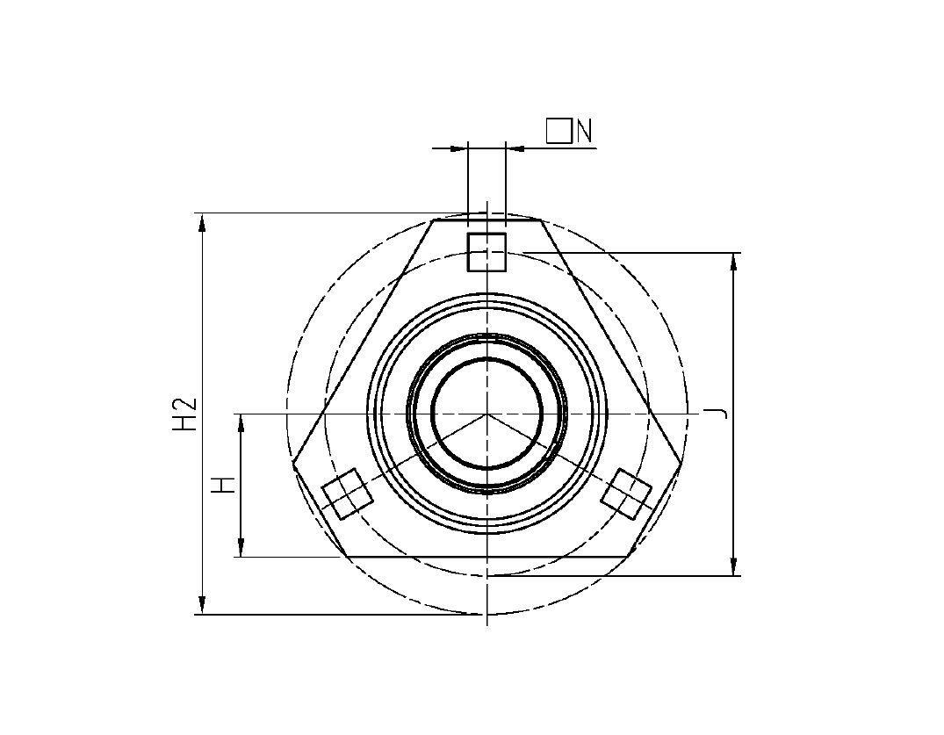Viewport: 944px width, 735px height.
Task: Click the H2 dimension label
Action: click(x=184, y=414)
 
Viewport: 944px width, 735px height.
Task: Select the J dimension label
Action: click(x=719, y=413)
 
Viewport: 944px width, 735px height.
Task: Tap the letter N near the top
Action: click(x=585, y=132)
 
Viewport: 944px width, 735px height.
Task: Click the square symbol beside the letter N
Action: click(x=558, y=131)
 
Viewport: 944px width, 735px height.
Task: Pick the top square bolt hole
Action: click(x=486, y=252)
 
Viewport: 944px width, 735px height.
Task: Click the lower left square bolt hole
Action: click(x=348, y=494)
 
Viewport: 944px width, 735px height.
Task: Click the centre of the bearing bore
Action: click(x=486, y=413)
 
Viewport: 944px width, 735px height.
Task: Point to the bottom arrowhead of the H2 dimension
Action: click(x=203, y=605)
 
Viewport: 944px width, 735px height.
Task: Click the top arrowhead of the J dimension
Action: click(x=734, y=262)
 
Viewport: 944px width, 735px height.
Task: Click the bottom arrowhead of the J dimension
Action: click(x=734, y=566)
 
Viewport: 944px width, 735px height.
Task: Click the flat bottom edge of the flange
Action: click(x=486, y=556)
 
